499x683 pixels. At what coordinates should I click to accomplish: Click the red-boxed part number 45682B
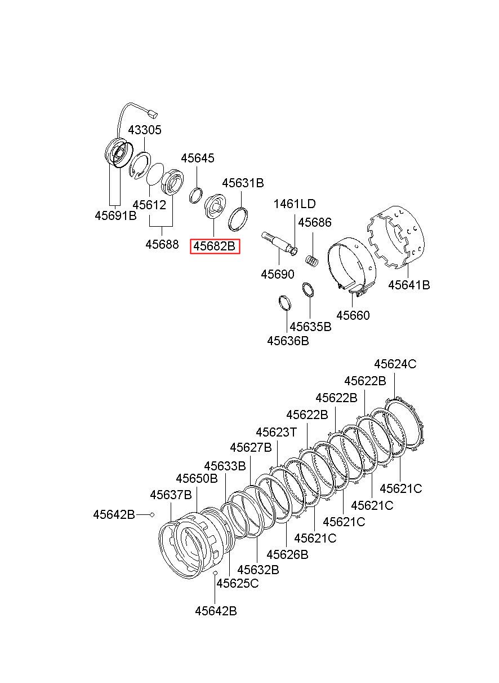215,246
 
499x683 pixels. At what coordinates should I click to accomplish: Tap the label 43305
145,130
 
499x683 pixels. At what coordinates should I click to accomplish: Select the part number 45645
198,158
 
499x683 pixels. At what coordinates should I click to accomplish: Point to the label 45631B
243,183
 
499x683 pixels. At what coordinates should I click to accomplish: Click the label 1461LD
295,204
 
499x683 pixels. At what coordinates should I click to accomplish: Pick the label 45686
314,223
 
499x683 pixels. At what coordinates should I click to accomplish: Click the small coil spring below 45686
312,261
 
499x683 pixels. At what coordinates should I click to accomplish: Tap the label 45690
278,275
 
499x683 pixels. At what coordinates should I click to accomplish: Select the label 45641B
409,285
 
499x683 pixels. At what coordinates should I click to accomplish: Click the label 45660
353,315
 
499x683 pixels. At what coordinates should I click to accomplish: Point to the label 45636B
288,341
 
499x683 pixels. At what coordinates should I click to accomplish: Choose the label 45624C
395,364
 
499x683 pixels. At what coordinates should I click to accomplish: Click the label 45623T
276,432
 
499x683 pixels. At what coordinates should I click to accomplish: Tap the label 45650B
197,478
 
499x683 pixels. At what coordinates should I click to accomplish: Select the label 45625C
238,583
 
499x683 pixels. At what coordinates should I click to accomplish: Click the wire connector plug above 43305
153,114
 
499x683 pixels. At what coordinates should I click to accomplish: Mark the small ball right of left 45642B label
152,515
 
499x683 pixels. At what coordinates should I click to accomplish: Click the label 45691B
115,216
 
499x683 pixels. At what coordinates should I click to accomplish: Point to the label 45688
162,244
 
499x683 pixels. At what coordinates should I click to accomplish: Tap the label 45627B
251,448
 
